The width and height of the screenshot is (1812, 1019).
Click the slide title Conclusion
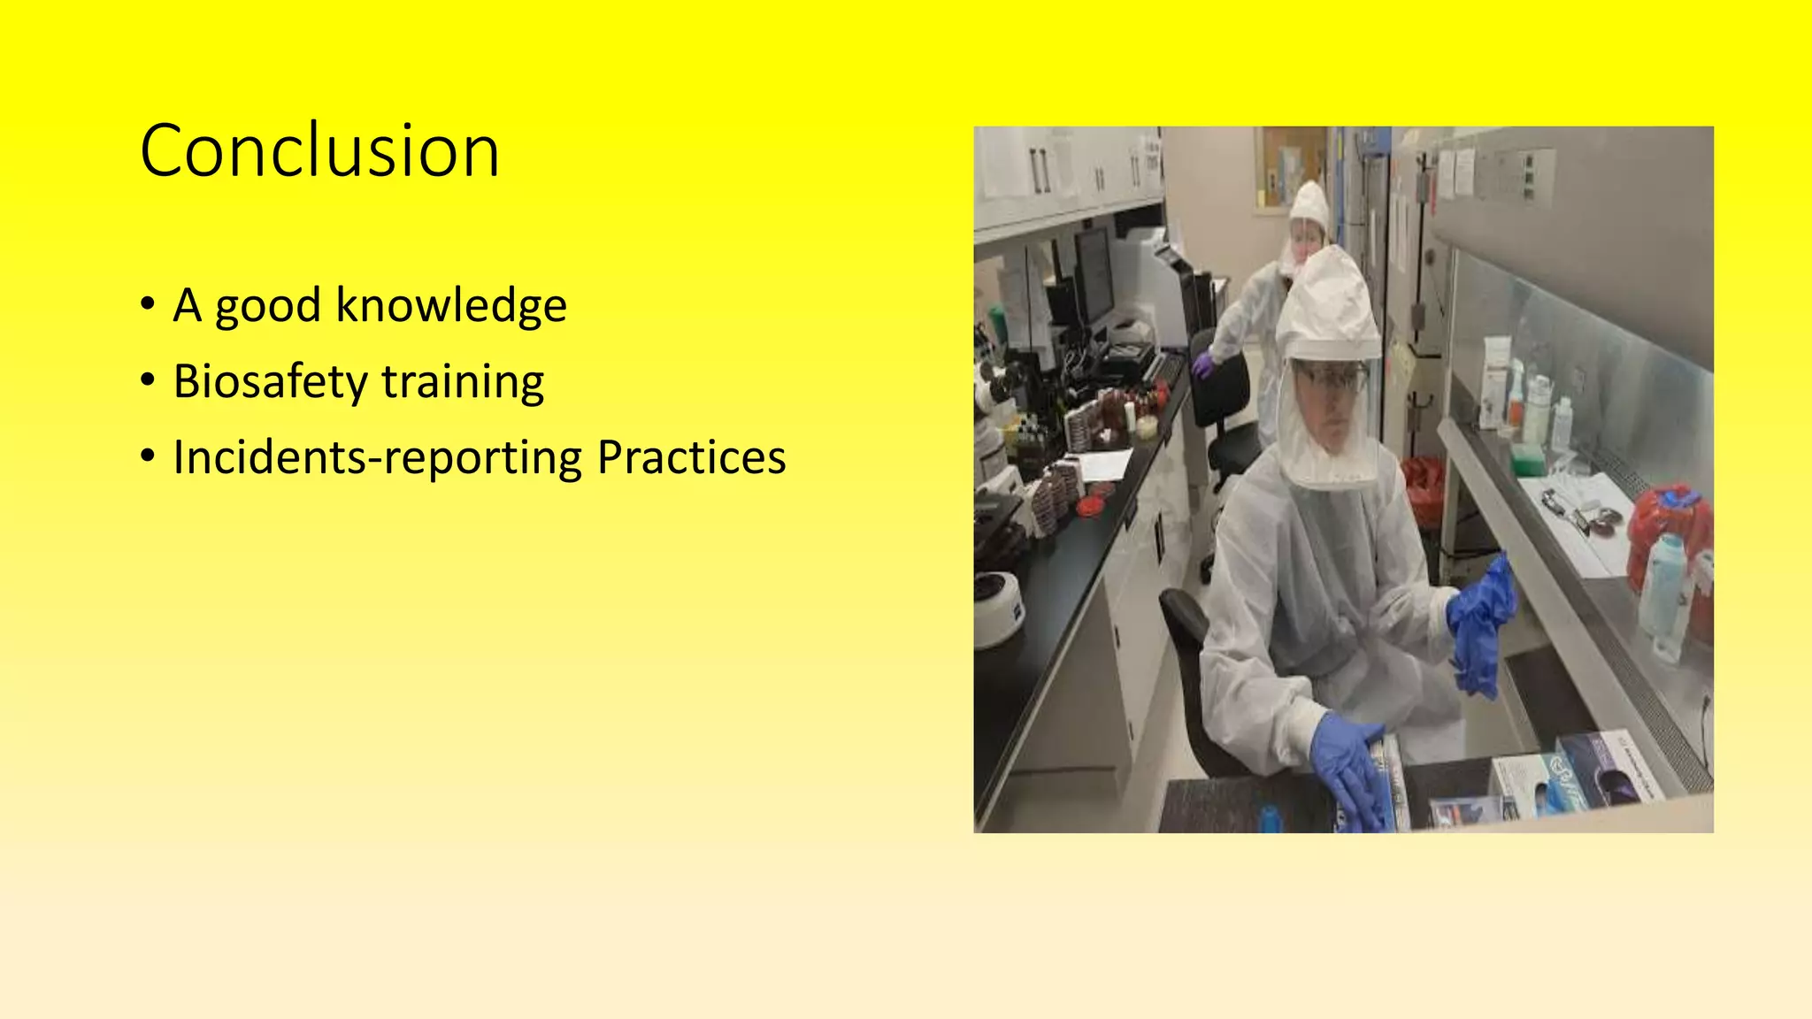319,151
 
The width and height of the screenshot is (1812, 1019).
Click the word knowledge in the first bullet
451,306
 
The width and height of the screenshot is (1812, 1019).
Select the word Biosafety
270,382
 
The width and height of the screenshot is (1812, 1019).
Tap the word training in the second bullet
463,382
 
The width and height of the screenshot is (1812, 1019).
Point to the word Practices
691,457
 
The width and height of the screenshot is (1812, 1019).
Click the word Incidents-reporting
378,458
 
